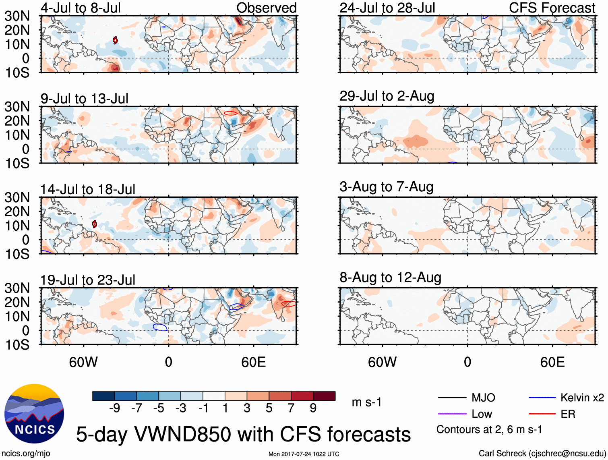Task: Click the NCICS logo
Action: [34, 413]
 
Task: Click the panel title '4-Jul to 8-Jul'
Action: [81, 8]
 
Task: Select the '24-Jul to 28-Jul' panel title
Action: [387, 8]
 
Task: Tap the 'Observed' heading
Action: [266, 8]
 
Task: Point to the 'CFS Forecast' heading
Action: [552, 8]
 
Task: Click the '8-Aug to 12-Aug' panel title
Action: [390, 278]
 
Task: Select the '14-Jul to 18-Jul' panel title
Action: [87, 189]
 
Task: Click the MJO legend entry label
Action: [483, 398]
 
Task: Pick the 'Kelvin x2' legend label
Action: [582, 398]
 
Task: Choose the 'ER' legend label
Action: [568, 414]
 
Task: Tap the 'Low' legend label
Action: [482, 414]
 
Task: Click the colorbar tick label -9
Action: [114, 408]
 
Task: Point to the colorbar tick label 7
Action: [291, 408]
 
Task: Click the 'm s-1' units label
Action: [366, 402]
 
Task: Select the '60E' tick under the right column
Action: [552, 362]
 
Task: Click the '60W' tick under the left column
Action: [83, 362]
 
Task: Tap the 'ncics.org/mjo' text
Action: [26, 454]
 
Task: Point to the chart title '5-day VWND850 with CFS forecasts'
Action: [243, 435]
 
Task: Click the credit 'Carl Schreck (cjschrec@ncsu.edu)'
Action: [542, 454]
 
